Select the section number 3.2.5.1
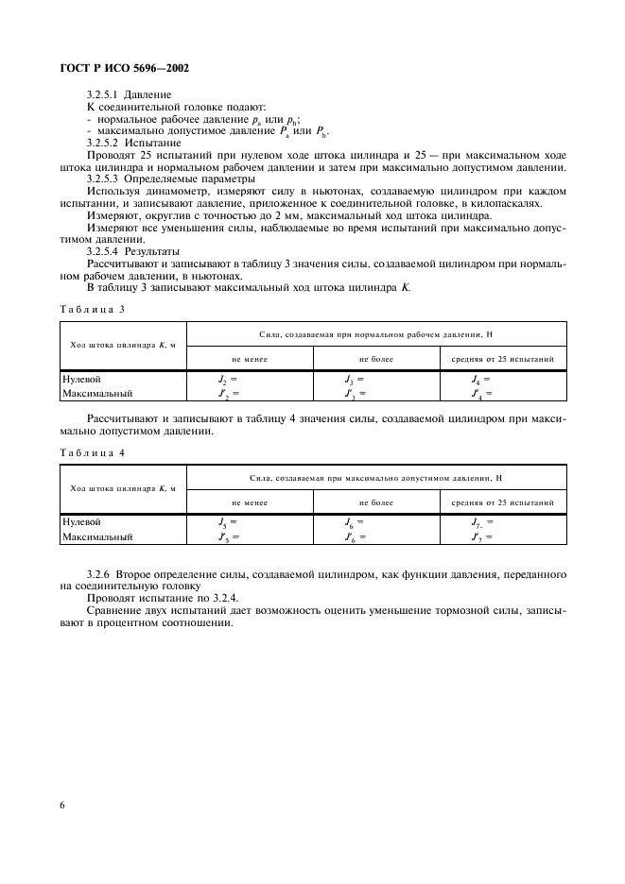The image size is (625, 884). click(105, 95)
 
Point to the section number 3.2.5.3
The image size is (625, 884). click(105, 178)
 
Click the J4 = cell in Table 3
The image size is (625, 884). click(479, 379)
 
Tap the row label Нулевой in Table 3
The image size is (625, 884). click(81, 379)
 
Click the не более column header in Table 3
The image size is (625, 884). click(375, 359)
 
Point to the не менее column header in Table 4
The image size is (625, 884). click(250, 502)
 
